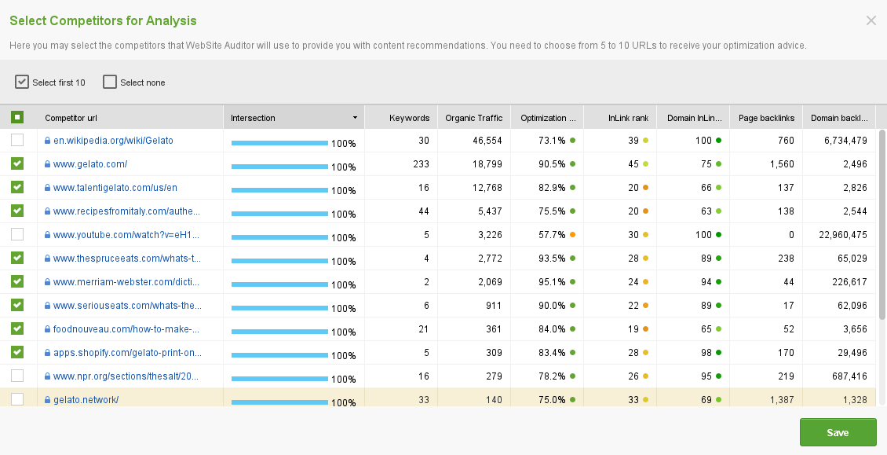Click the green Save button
[838, 432]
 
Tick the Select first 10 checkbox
[22, 82]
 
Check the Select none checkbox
[110, 82]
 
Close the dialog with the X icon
[871, 21]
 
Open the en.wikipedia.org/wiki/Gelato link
[113, 141]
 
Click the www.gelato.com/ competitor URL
[90, 164]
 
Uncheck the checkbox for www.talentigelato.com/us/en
[17, 188]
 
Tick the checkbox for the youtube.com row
[17, 235]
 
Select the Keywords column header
[409, 118]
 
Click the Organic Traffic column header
[473, 118]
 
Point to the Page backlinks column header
[766, 118]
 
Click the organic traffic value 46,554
[487, 141]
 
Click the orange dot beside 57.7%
[573, 235]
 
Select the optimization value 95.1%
[552, 282]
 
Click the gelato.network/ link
[86, 400]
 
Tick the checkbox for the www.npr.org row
[17, 376]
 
